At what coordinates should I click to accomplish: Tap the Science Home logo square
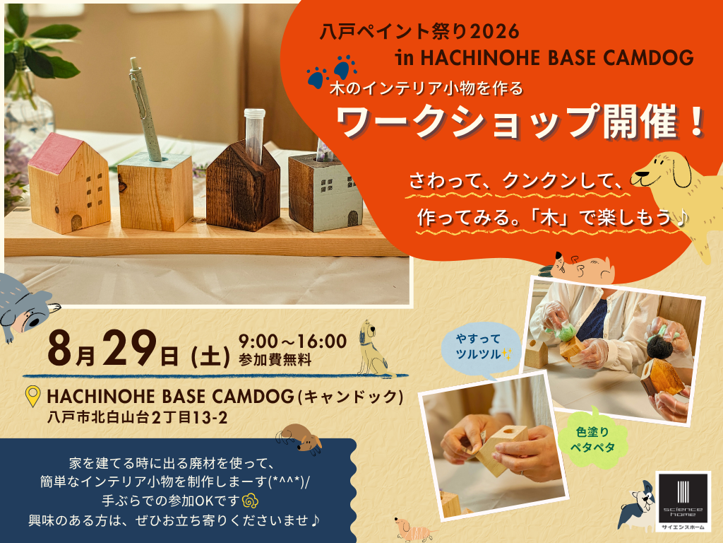[x=683, y=501]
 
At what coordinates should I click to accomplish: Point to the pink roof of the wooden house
[x=52, y=153]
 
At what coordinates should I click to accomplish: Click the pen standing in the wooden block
[x=144, y=108]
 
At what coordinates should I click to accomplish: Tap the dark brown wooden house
[x=243, y=186]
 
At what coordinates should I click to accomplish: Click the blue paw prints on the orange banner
[x=332, y=71]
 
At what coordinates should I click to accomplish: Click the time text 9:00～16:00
[x=292, y=341]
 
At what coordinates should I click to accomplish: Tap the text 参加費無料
[x=275, y=360]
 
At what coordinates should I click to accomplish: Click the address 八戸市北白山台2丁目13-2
[x=138, y=417]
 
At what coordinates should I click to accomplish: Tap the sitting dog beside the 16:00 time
[x=371, y=347]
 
